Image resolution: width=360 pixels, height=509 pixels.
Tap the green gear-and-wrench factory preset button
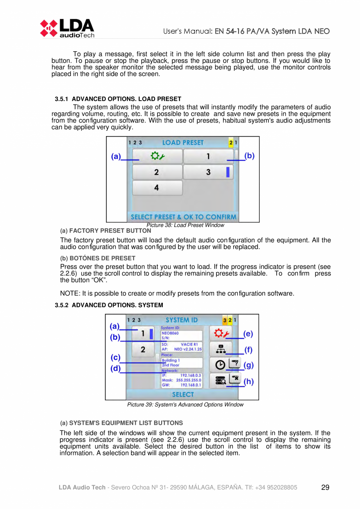[158, 156]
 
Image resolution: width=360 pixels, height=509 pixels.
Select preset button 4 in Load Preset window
[157, 188]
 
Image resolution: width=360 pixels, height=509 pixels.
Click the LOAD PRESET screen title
[183, 142]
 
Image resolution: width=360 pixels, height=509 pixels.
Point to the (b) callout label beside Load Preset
[249, 156]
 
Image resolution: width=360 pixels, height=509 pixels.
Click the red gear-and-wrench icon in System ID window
[221, 333]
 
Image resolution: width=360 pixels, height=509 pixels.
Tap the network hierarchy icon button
[221, 349]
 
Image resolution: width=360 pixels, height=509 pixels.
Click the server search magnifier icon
[221, 380]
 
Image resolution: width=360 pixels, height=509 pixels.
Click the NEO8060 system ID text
[170, 333]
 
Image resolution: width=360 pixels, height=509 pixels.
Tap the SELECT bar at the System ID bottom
[183, 394]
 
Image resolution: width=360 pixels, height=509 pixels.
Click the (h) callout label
[248, 381]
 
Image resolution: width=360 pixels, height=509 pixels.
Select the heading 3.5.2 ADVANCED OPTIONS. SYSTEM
[109, 305]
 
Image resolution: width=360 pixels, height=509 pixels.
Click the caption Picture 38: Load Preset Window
[185, 225]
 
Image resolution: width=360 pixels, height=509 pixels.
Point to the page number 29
[325, 487]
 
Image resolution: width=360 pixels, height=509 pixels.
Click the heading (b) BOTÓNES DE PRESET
[98, 258]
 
